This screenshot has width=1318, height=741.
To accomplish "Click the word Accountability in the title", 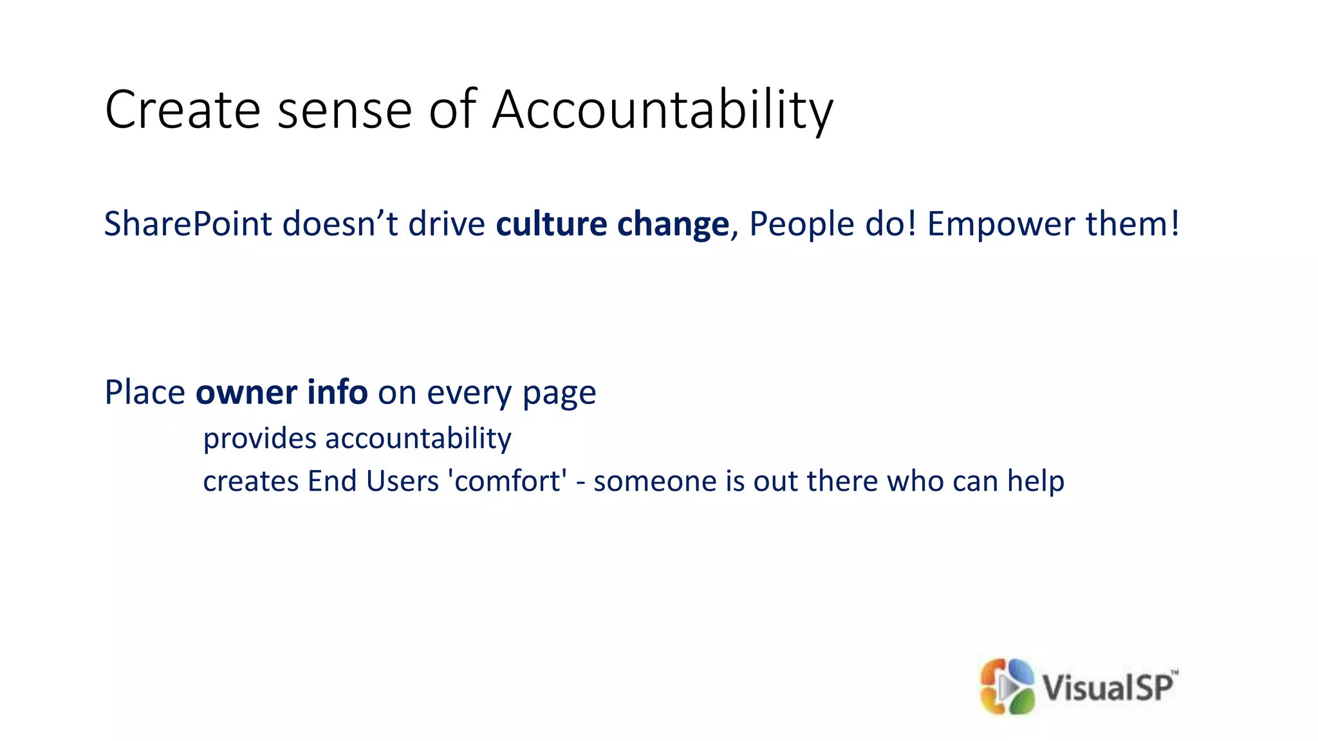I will click(662, 111).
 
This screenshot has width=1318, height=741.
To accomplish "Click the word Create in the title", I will click(182, 111).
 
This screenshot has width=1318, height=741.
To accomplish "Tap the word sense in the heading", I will click(344, 111).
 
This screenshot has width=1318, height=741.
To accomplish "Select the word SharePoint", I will click(188, 224).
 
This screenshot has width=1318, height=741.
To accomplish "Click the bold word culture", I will click(551, 224).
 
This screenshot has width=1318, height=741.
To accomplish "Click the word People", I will click(802, 224).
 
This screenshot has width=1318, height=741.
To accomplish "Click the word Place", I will click(145, 392).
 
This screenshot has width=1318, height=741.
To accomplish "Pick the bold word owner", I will click(246, 393).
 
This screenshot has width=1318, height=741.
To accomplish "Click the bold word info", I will click(337, 392).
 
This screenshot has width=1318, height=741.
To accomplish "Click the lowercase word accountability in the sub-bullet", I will click(418, 439).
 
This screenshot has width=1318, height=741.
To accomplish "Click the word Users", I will click(402, 481).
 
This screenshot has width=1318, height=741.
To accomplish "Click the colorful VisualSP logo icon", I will click(1007, 686).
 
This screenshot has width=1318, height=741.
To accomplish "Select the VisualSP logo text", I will click(1108, 686).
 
